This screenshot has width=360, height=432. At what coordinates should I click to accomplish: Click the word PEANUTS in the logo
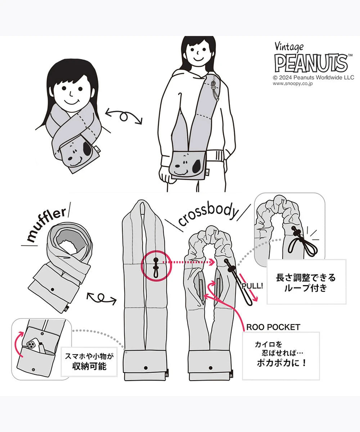pos(310,63)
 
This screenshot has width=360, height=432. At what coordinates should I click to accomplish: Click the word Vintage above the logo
pos(289,47)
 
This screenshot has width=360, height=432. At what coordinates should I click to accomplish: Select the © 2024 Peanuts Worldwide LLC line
pos(313,77)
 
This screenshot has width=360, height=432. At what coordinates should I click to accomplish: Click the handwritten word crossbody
pos(207,216)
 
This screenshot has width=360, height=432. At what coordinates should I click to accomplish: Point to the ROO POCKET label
pos(273,327)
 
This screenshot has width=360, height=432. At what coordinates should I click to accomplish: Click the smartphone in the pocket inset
pos(34,348)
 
